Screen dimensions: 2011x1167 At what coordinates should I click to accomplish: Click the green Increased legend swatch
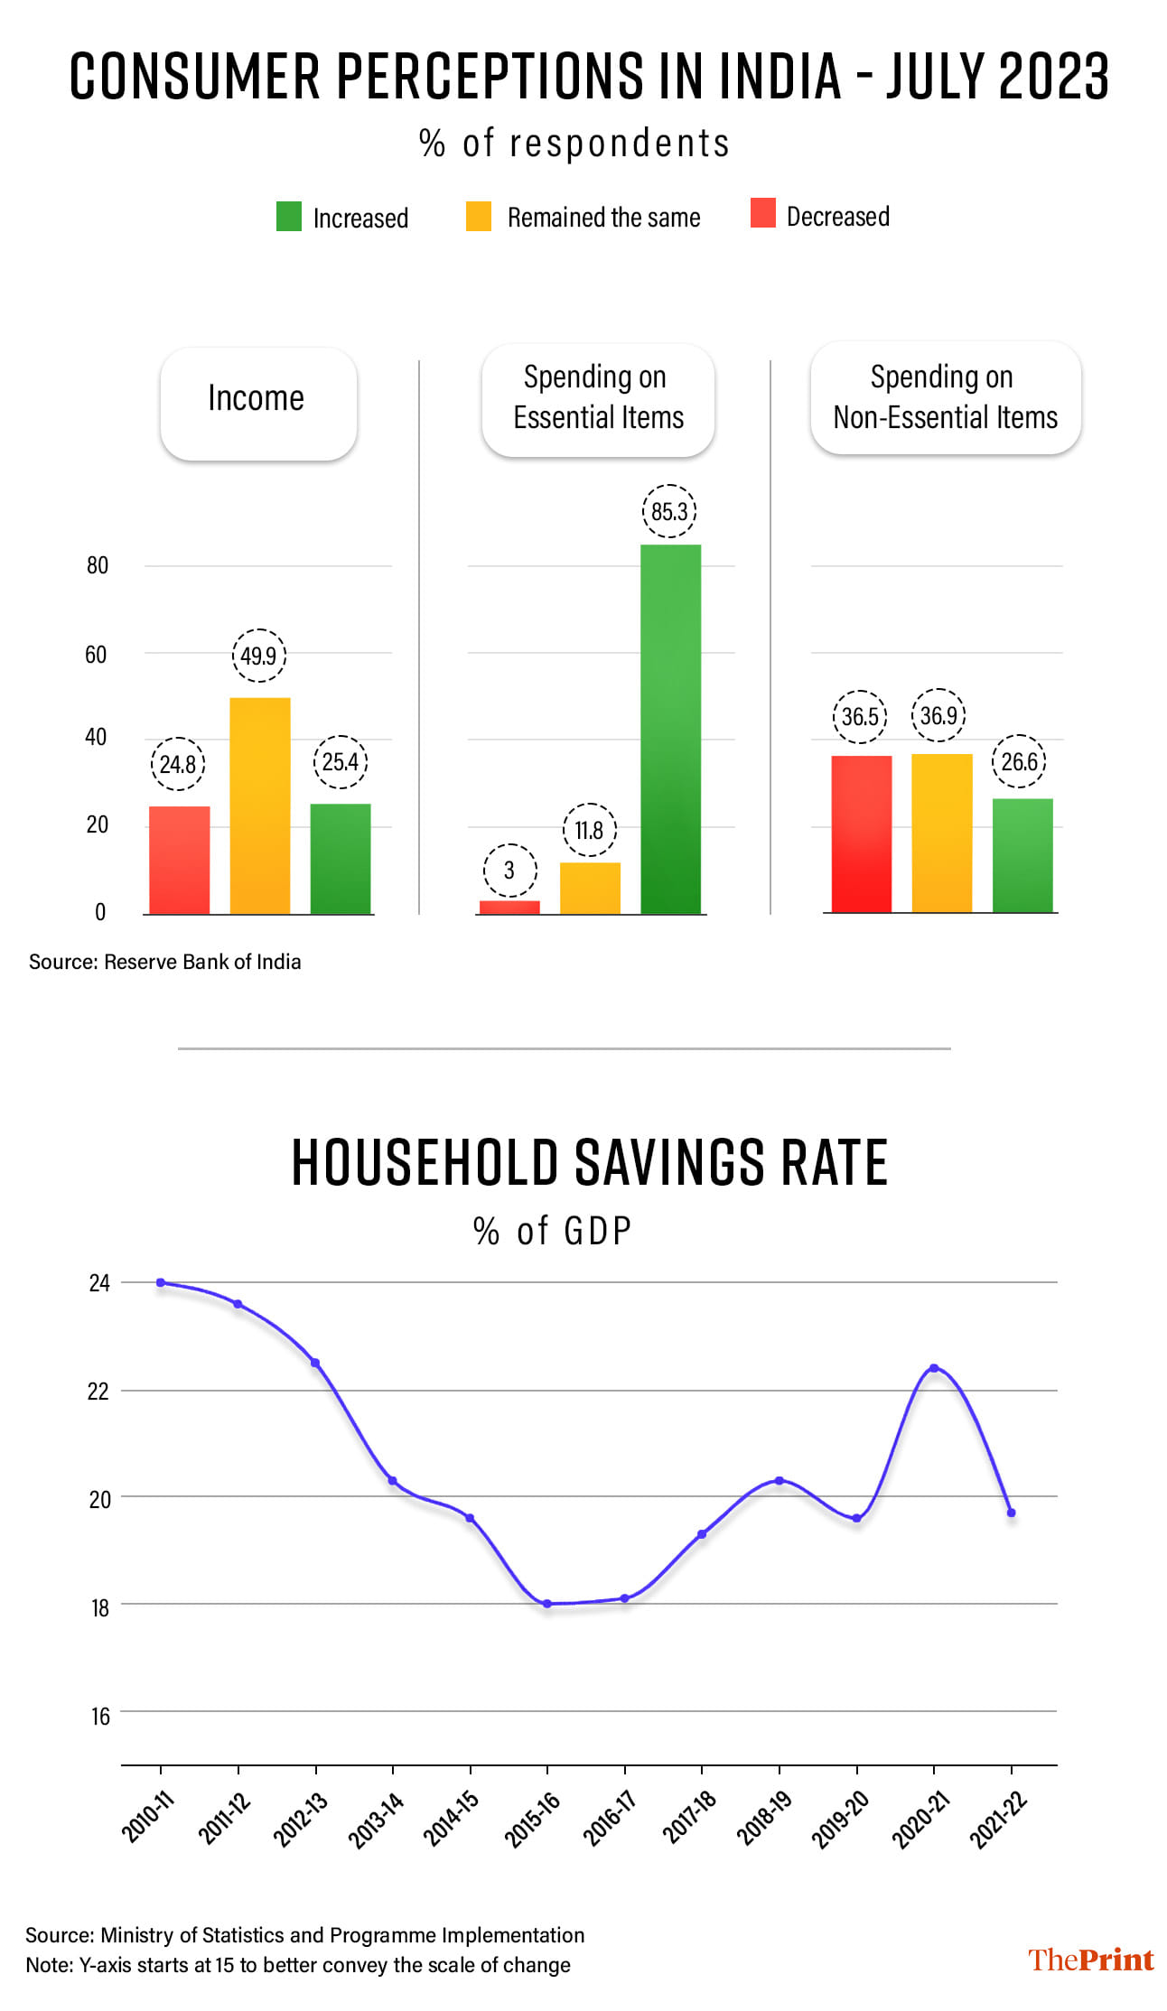pos(288,217)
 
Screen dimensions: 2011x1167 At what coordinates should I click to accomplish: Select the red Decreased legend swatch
pos(762,214)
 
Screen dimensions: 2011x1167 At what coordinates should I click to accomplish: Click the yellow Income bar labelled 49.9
pos(260,805)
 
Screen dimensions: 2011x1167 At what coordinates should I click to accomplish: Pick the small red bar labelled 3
pos(509,907)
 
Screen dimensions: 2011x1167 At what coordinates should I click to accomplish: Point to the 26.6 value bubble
pos(1019,762)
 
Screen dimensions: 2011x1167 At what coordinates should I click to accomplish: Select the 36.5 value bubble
pos(859,717)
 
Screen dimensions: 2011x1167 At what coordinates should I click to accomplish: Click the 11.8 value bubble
pos(589,830)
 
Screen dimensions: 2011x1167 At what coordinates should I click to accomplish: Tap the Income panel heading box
pos(257,404)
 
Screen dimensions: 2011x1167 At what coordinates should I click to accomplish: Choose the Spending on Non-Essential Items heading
pos(945,398)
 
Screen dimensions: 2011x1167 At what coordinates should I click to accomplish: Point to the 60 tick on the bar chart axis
pos(96,654)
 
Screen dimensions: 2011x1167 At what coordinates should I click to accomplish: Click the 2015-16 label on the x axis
pos(533,1818)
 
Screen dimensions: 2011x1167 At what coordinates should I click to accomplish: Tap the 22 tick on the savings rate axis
pos(98,1392)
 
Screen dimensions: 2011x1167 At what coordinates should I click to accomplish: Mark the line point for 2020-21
pos(934,1368)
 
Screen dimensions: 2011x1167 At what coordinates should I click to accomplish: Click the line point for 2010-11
pos(161,1282)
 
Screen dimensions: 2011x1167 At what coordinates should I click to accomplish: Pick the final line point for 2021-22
pos(1011,1513)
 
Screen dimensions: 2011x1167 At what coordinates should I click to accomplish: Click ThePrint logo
pos(1090,1959)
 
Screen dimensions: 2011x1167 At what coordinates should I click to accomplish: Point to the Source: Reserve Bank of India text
pos(165,962)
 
